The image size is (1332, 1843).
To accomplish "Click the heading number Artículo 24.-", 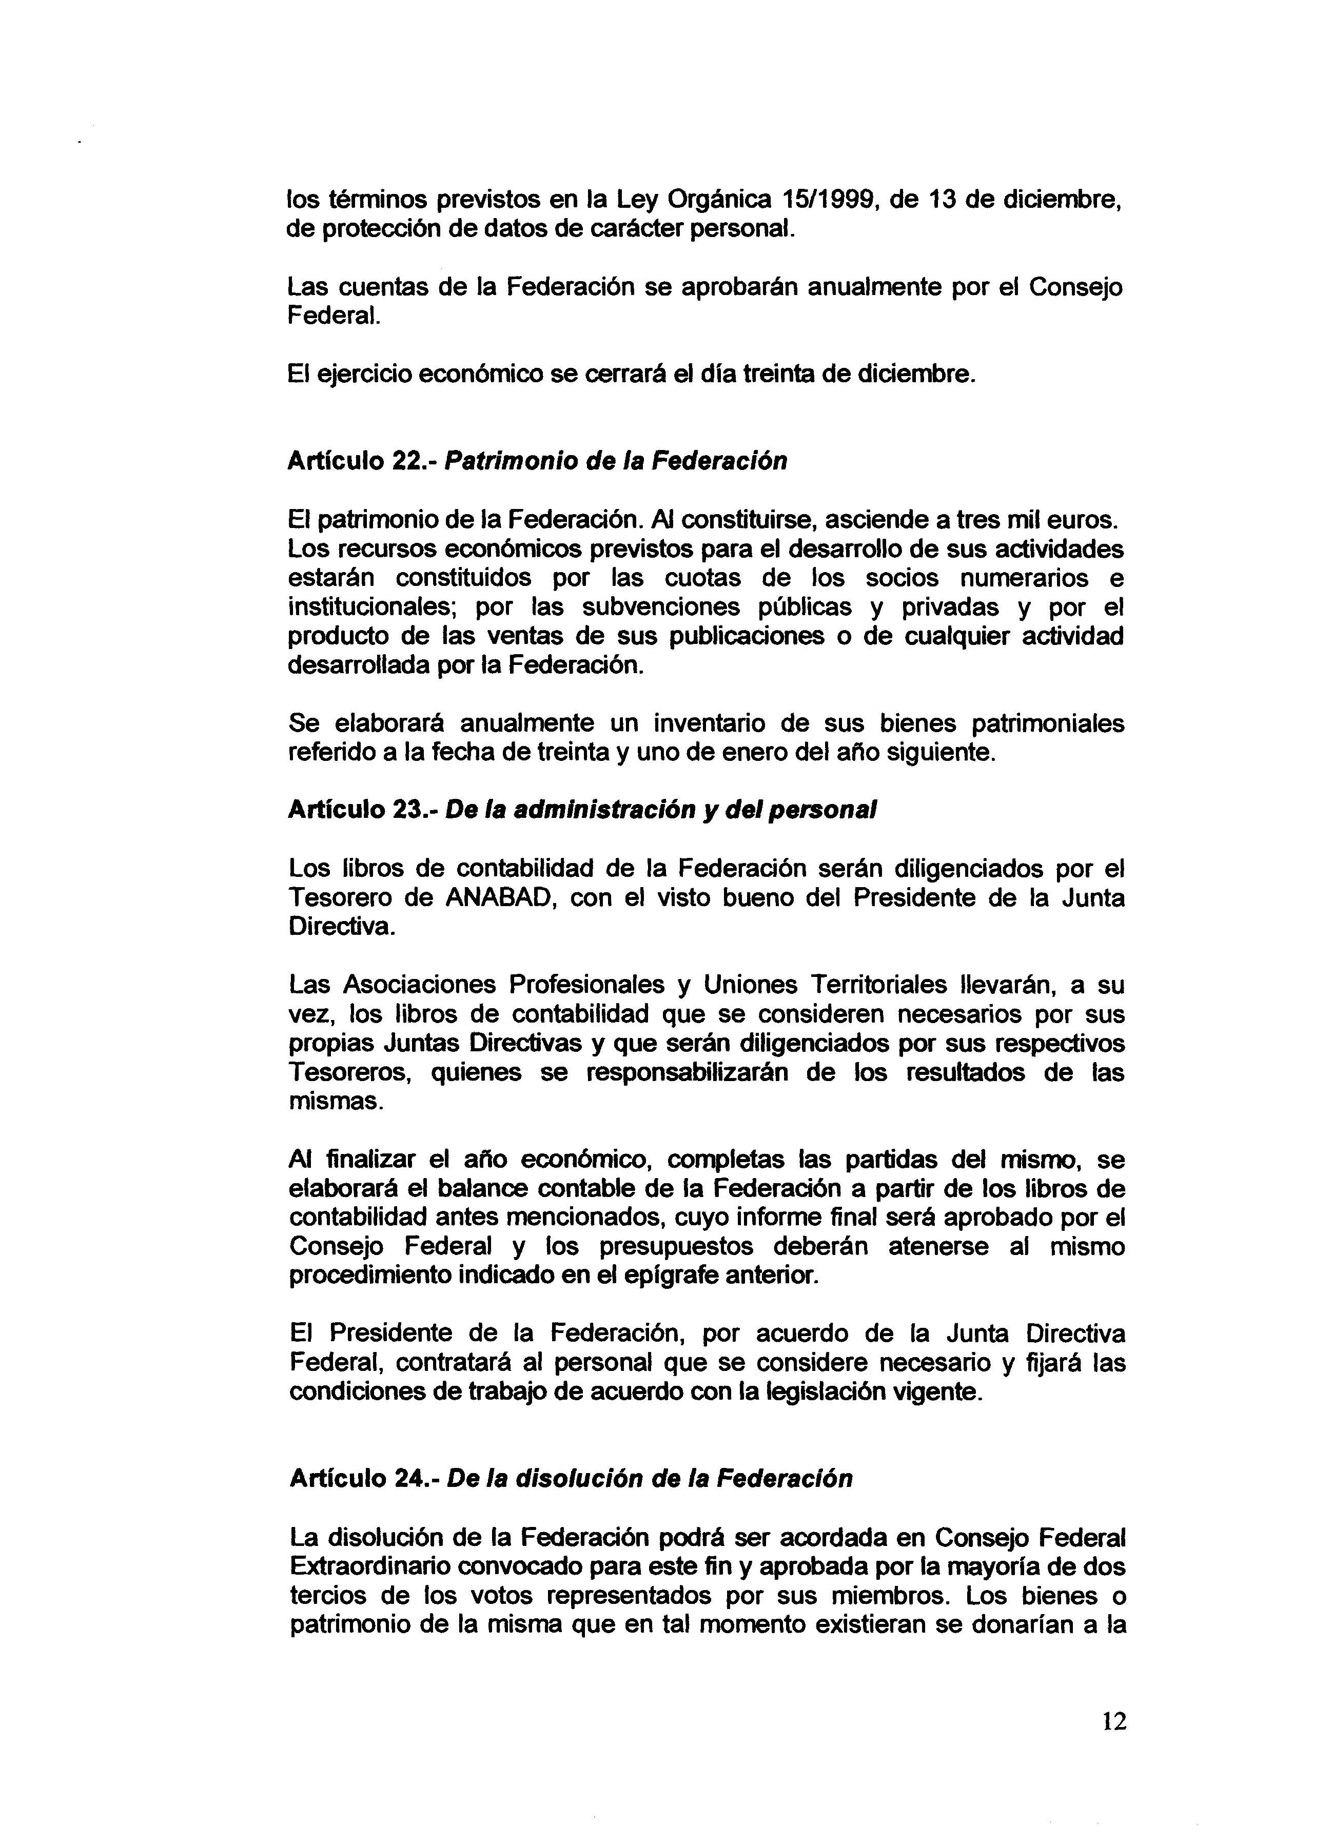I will coord(365,1479).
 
